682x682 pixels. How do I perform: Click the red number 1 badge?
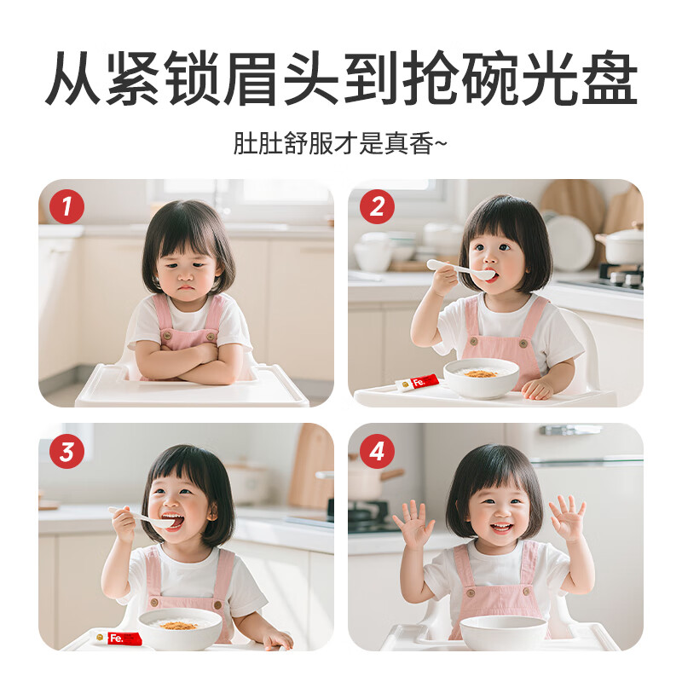coord(66,206)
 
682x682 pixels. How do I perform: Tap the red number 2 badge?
coord(376,206)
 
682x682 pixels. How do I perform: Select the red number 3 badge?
coord(66,451)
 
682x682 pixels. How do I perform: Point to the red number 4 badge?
coord(376,451)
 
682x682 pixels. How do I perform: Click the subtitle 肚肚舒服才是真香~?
coord(340,142)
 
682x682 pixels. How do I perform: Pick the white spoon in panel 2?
coord(460,269)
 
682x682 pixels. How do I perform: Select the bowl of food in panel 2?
coord(482,378)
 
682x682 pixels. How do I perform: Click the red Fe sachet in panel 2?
coord(417,383)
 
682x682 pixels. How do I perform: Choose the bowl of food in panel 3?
coord(180,628)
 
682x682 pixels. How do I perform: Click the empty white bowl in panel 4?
coord(503,632)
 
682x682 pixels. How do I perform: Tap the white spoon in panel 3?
coord(145,517)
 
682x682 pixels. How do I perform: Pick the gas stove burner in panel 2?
coord(620,277)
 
